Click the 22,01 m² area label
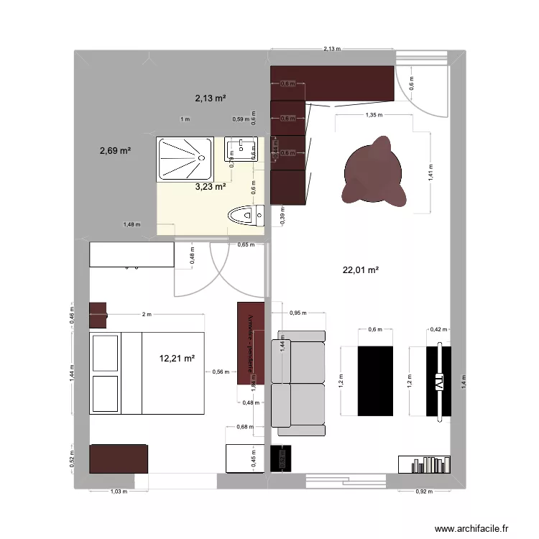361,270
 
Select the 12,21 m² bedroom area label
178,358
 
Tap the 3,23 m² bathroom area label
211,187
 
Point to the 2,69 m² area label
115,151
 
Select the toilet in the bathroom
245,215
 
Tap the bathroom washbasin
240,149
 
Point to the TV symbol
438,382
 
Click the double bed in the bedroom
147,373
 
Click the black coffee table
377,380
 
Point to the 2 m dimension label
147,315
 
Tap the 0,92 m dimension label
425,492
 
